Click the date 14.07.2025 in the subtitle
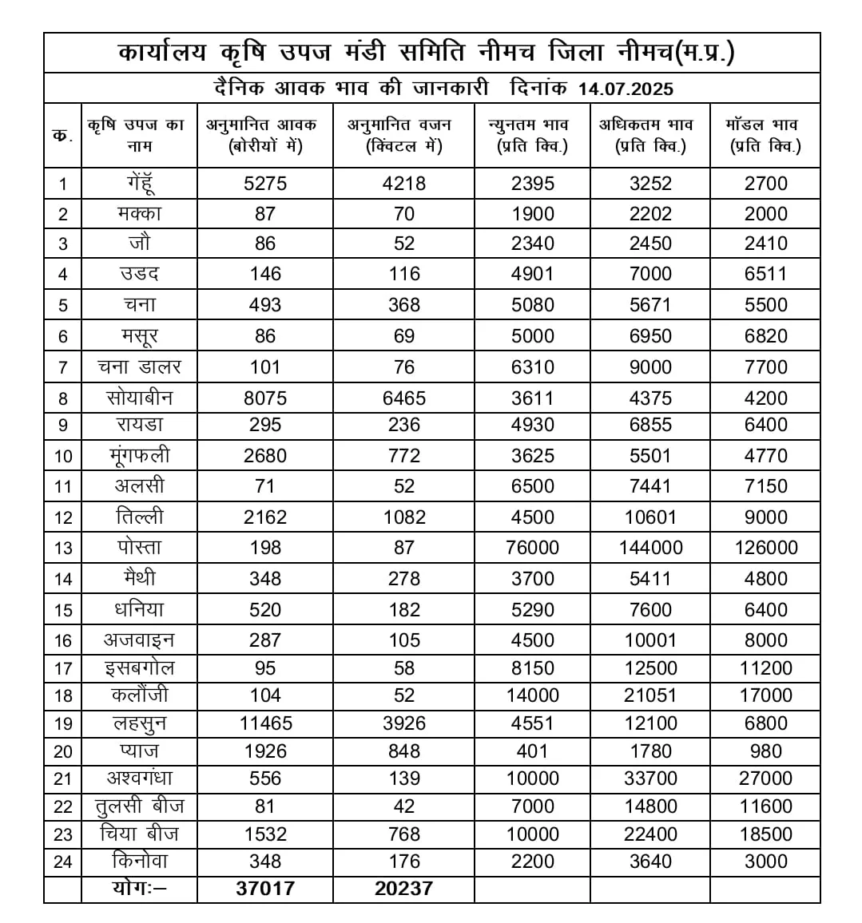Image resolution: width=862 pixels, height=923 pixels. click(626, 88)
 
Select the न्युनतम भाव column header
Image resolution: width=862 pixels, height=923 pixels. click(532, 135)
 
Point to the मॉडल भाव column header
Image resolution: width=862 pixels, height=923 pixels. click(765, 135)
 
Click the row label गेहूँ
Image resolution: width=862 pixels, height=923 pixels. click(139, 183)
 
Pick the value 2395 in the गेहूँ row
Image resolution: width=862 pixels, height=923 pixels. click(532, 184)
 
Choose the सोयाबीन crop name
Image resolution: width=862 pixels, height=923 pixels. click(139, 398)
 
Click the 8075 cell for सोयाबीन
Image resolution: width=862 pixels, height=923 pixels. click(265, 398)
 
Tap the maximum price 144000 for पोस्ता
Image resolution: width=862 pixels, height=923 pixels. click(650, 548)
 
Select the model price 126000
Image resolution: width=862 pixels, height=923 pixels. click(765, 548)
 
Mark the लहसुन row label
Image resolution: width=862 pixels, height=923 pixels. click(139, 723)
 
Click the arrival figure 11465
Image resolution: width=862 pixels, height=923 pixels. click(265, 723)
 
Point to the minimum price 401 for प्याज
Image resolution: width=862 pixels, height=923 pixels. click(532, 751)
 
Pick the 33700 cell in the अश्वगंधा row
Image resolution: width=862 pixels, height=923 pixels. click(650, 778)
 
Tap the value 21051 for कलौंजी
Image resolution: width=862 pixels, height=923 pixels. click(650, 695)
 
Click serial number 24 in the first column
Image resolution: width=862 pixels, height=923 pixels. click(63, 862)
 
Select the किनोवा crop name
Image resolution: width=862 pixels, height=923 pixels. click(139, 862)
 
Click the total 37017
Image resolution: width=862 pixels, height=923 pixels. click(265, 889)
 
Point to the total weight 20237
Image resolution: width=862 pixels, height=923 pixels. click(404, 889)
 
